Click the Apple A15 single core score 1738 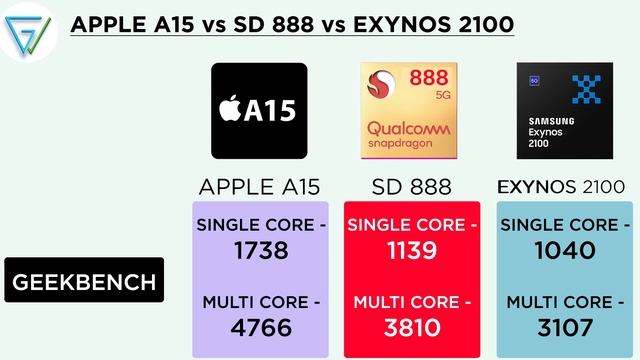tap(259, 250)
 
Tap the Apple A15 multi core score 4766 tap(259, 327)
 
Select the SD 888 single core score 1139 tap(411, 250)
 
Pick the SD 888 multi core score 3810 tap(411, 327)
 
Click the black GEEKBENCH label tap(84, 282)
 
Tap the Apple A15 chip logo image tap(259, 110)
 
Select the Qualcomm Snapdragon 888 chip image tap(411, 110)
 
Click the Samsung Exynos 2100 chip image tap(563, 110)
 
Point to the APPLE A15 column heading tap(259, 187)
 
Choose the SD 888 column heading tap(411, 187)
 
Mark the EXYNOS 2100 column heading tap(563, 187)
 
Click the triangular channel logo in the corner tap(28, 29)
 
